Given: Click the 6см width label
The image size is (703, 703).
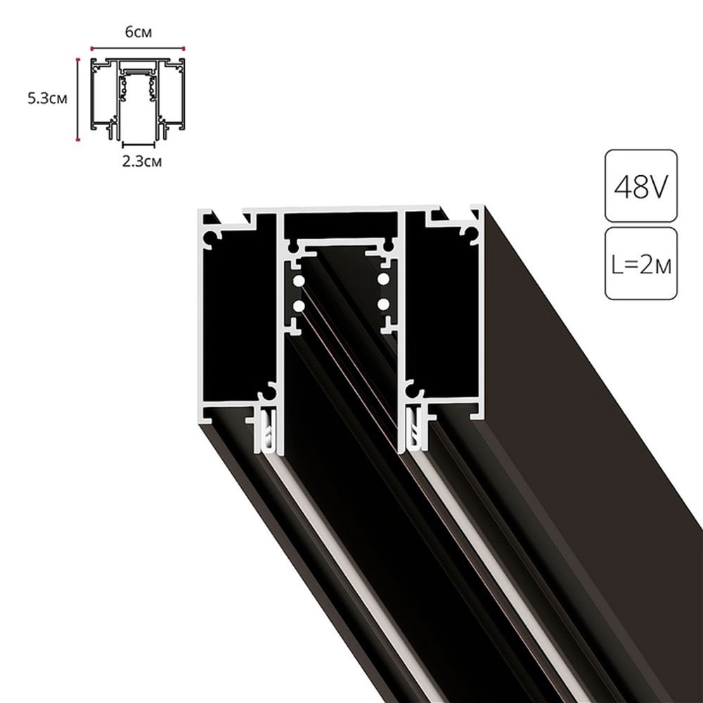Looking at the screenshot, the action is [138, 32].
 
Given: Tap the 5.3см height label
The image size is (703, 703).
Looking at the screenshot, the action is [48, 98].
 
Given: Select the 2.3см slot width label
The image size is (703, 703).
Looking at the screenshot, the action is [142, 162].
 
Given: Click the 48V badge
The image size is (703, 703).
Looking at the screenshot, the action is [641, 186].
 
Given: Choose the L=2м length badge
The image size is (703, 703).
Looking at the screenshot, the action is [641, 264].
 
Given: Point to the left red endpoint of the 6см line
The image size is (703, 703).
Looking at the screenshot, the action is [91, 48].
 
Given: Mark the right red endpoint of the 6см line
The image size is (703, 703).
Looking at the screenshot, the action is [183, 48].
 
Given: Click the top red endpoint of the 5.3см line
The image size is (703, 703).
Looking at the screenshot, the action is [78, 59].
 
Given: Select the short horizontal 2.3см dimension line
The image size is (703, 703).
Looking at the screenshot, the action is [138, 144].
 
